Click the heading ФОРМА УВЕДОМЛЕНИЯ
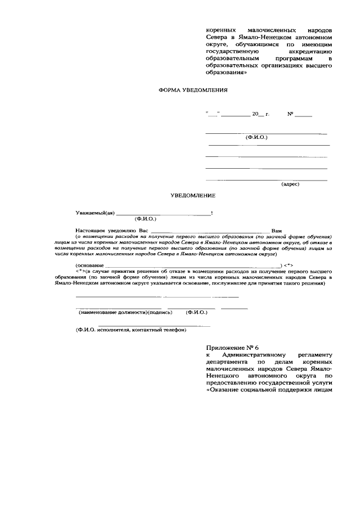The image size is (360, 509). pos(193,89)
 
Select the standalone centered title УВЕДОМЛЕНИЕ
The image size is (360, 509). pos(193,196)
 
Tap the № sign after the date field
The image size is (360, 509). pos(291,114)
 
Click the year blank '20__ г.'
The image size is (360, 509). pos(260,114)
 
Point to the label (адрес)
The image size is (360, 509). pos(290,184)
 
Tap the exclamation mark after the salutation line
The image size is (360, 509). pos(211,213)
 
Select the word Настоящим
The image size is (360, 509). pos(91,231)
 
